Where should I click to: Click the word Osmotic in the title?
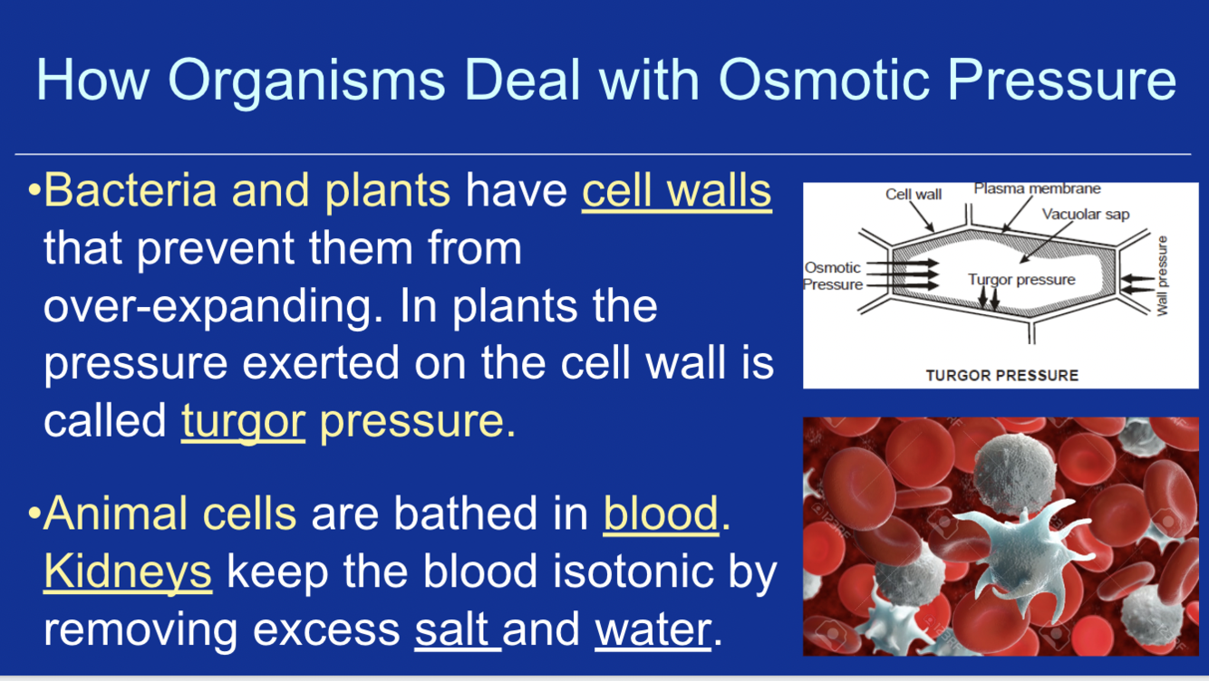[825, 80]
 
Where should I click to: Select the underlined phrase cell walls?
[677, 191]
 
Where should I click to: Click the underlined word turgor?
[244, 423]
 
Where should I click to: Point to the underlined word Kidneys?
[128, 572]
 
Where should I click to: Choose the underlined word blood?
[662, 513]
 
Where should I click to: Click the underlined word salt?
[452, 629]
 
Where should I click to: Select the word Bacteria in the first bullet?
[131, 190]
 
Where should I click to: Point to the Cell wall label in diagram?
[914, 194]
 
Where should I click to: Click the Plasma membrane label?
[1037, 188]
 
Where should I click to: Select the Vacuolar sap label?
[1086, 215]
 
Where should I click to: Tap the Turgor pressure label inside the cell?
[1021, 280]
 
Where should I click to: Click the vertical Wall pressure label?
[1162, 275]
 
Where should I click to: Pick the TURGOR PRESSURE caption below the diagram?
[1002, 375]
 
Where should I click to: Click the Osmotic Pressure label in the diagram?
[833, 276]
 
